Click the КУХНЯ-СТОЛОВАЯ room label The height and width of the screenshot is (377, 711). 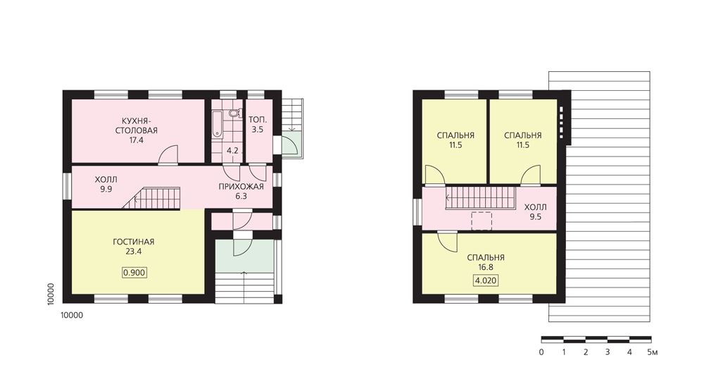click(x=136, y=130)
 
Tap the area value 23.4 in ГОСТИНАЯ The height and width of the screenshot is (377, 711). click(x=134, y=252)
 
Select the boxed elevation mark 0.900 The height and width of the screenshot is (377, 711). click(x=134, y=272)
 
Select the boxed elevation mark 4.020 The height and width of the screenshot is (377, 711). click(x=485, y=280)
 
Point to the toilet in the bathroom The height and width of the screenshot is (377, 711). click(x=234, y=113)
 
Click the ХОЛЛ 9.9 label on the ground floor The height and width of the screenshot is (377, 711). click(x=106, y=184)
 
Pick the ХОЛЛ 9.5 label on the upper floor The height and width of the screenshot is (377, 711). click(x=536, y=212)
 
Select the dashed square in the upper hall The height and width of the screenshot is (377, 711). click(x=482, y=221)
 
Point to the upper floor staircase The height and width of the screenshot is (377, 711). click(x=481, y=198)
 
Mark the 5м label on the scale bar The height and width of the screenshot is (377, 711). click(x=652, y=352)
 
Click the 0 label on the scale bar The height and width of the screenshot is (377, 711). click(x=541, y=352)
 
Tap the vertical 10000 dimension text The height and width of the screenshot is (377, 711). click(x=51, y=294)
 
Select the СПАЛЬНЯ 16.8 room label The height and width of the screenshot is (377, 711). click(x=485, y=262)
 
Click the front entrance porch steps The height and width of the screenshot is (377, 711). click(x=244, y=288)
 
